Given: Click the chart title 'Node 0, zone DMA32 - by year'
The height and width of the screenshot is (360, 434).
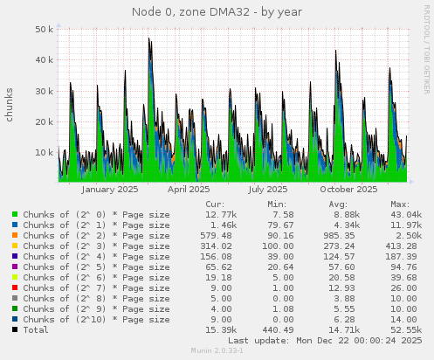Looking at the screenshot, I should (217, 12).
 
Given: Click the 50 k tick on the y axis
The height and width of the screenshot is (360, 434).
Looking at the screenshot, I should (45, 29).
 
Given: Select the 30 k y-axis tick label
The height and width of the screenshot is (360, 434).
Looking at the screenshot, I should (45, 91).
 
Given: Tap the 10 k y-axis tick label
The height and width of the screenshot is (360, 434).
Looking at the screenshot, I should (45, 153).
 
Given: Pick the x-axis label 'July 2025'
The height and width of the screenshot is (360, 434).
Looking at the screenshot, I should (267, 189).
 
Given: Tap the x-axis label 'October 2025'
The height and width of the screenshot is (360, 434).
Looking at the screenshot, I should (348, 189).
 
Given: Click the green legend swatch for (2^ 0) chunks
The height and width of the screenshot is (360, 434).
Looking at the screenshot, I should (16, 214).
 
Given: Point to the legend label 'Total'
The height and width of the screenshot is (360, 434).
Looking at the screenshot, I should (37, 329).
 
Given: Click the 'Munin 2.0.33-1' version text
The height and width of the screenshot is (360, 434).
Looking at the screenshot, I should (217, 351).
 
